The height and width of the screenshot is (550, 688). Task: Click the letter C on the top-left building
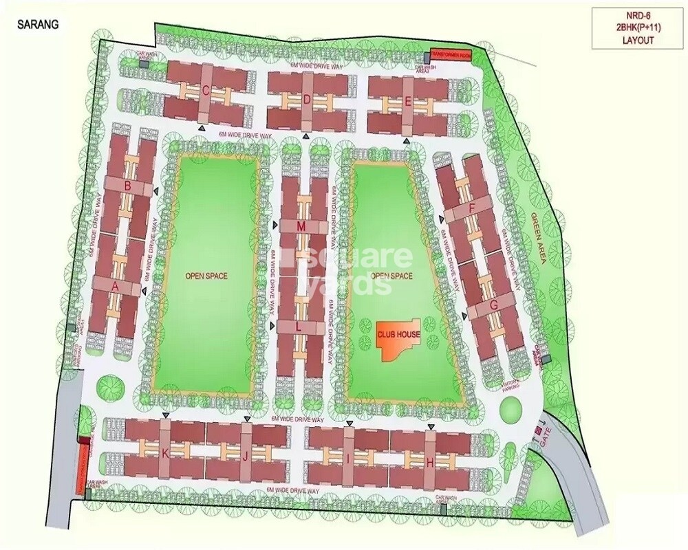(x=206, y=89)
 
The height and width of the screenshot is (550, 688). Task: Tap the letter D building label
(x=308, y=99)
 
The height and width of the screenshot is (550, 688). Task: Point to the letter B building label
(x=128, y=186)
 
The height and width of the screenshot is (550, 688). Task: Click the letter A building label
(x=116, y=285)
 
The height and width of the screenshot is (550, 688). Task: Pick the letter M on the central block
(x=301, y=226)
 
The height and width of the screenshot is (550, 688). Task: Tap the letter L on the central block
(x=298, y=327)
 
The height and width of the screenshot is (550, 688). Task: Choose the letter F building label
(x=471, y=208)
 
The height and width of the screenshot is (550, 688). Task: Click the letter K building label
(x=164, y=454)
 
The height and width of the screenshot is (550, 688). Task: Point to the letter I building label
(x=349, y=459)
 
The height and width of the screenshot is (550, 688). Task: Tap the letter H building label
(x=430, y=462)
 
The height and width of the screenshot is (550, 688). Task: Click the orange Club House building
(x=398, y=338)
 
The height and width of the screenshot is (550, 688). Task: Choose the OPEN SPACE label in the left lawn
(x=206, y=276)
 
